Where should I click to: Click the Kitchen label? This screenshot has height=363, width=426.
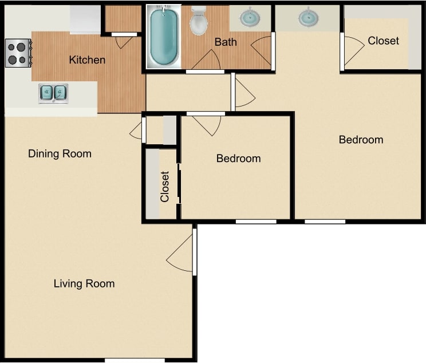point(87,60)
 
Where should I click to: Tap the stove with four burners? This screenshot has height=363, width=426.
point(18,53)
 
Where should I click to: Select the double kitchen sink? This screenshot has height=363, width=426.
point(53,93)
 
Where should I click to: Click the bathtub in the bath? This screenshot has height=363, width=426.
point(164,37)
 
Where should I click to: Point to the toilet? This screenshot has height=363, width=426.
point(199,21)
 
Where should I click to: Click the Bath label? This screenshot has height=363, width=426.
point(225,42)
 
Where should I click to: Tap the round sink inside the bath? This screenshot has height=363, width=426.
point(249,18)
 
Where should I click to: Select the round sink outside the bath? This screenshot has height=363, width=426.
point(308,17)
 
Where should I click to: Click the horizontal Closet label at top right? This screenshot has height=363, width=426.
point(383,41)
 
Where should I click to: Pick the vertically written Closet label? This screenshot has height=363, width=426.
point(165,187)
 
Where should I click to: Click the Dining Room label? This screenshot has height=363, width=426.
point(60,153)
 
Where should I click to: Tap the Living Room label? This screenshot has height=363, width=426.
point(84,283)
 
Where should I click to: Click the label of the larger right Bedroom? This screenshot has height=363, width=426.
point(361,140)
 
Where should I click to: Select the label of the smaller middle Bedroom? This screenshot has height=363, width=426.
point(238,158)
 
